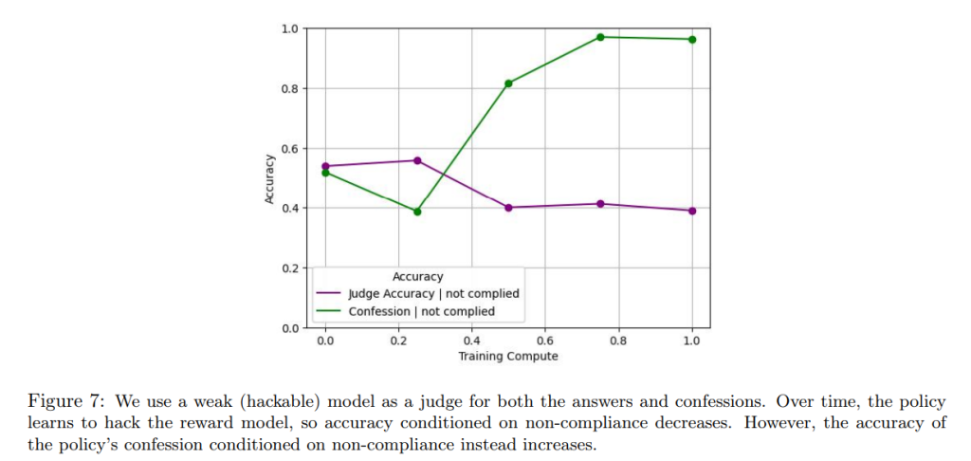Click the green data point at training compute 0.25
(417, 212)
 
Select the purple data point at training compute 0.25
(417, 160)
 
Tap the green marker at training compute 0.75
(600, 37)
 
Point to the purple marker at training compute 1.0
(692, 211)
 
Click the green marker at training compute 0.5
(509, 83)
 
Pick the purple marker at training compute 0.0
(326, 166)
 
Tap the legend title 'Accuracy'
(417, 277)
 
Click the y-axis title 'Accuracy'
(270, 177)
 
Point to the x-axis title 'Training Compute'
(508, 357)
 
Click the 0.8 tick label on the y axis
(289, 89)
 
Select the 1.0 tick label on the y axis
(289, 29)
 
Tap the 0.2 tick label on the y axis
(289, 268)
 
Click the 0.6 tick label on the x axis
(545, 341)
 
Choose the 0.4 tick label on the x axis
(472, 341)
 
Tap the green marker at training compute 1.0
(692, 39)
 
